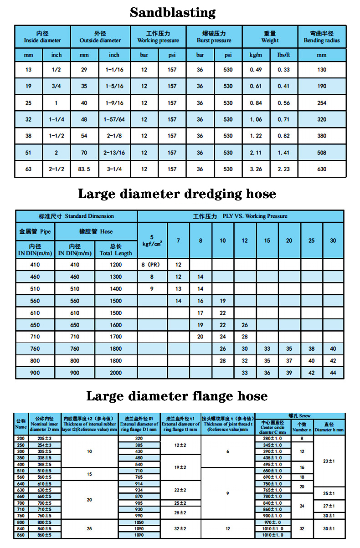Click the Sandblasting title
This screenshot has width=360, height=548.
point(173,12)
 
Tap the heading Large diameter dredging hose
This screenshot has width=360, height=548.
point(177,194)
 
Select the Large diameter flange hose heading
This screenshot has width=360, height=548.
point(177,396)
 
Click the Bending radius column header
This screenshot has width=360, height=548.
point(322,37)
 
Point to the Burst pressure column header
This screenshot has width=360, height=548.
point(214,37)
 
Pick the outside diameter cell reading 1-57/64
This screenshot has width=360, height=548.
point(114,120)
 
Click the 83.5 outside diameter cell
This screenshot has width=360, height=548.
point(84,169)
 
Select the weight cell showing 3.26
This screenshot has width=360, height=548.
point(256,169)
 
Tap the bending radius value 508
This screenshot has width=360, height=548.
point(322,153)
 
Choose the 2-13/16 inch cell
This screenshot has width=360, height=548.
point(114,153)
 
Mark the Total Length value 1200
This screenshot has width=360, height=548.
point(116,265)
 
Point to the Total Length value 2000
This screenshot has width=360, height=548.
point(116,373)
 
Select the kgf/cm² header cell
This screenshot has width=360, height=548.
point(152,241)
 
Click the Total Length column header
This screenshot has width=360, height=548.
point(116,250)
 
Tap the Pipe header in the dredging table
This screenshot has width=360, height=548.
point(35,231)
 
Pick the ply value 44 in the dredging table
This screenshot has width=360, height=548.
point(333,373)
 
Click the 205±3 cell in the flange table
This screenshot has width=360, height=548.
point(45,438)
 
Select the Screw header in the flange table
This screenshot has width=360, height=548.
point(299,416)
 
